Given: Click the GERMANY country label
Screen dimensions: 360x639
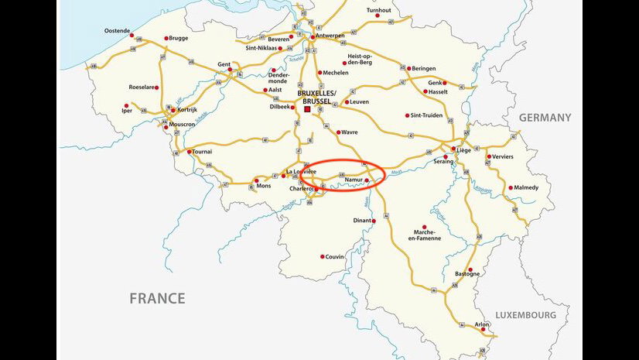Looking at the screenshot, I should pyautogui.click(x=545, y=118).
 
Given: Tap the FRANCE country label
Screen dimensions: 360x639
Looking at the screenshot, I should pyautogui.click(x=157, y=298).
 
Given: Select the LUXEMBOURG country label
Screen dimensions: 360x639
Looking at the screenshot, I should pyautogui.click(x=526, y=316).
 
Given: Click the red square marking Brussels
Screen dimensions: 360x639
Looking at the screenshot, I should pyautogui.click(x=307, y=110).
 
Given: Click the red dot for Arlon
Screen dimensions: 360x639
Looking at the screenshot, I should pyautogui.click(x=484, y=331).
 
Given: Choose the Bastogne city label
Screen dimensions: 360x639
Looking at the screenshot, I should pyautogui.click(x=466, y=273).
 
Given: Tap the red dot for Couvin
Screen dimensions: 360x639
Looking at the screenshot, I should pyautogui.click(x=322, y=256).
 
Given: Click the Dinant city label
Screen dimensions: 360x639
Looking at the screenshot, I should pyautogui.click(x=362, y=221).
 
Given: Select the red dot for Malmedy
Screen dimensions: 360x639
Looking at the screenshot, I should pyautogui.click(x=510, y=187).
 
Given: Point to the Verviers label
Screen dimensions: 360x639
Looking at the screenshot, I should pyautogui.click(x=501, y=156).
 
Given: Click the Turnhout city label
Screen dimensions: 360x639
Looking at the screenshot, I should pyautogui.click(x=379, y=10).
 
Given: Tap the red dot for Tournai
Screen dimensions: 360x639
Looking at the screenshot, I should pyautogui.click(x=189, y=152).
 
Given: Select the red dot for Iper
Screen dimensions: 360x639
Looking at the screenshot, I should pyautogui.click(x=126, y=106).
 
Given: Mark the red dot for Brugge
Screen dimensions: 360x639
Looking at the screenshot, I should pyautogui.click(x=166, y=38).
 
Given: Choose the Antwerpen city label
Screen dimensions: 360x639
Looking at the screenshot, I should pyautogui.click(x=331, y=36).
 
